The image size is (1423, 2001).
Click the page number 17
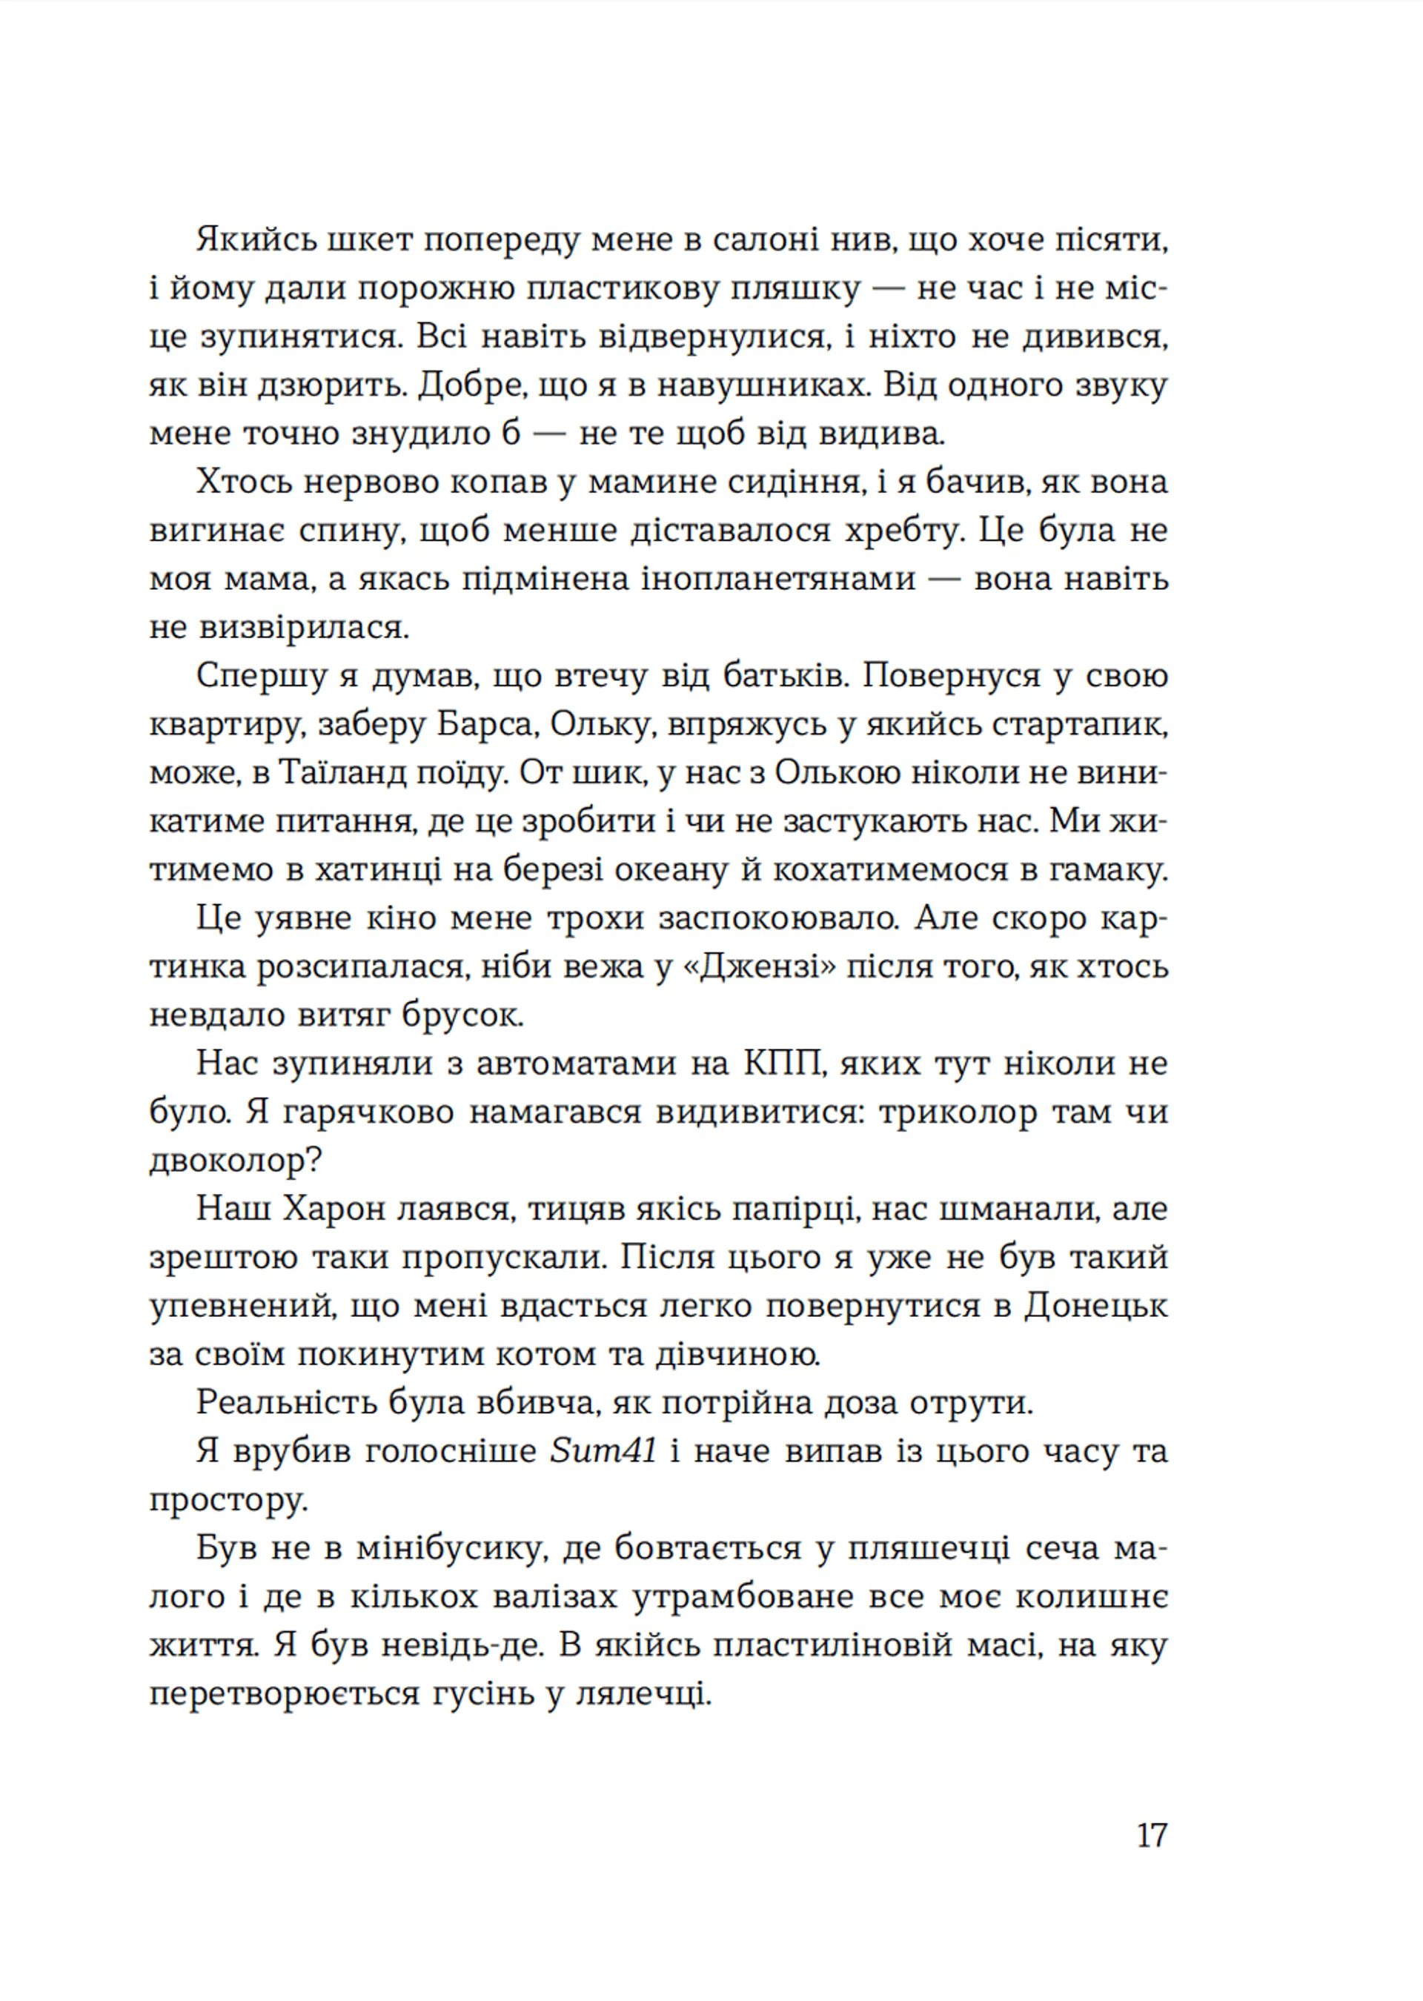[x=1151, y=1836]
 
